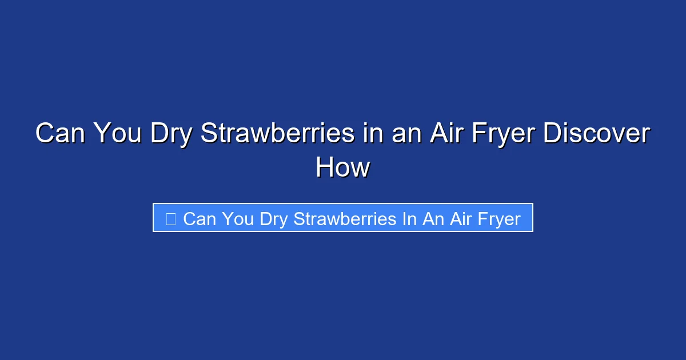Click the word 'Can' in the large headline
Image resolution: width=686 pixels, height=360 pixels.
click(59, 134)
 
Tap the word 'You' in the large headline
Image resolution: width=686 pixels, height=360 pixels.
click(116, 134)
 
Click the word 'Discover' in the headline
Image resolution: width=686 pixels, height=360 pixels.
click(596, 134)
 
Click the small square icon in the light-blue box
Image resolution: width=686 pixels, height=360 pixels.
click(170, 218)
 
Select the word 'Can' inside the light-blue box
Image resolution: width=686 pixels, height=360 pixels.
click(200, 218)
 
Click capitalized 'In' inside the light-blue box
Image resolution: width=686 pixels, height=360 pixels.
click(409, 218)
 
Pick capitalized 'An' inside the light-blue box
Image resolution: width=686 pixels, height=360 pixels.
click(433, 218)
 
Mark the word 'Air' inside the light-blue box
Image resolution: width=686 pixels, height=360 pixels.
click(460, 218)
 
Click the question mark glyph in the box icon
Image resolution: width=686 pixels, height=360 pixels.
click(170, 218)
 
